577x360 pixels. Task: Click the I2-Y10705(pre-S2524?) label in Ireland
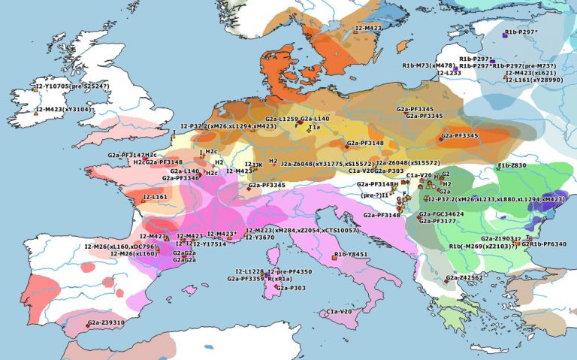click(72, 86)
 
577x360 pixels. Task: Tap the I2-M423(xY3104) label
click(63, 110)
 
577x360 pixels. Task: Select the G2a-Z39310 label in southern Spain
click(106, 322)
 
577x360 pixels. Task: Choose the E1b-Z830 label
click(512, 165)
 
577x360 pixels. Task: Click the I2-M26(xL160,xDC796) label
click(120, 247)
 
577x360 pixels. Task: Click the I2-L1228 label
click(249, 271)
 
